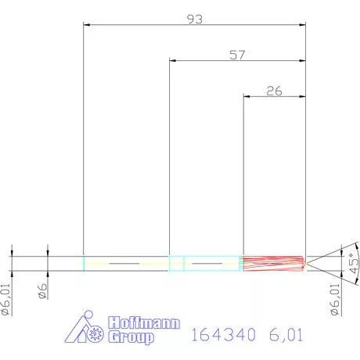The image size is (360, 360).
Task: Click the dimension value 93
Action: click(195, 19)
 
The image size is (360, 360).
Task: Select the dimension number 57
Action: click(237, 55)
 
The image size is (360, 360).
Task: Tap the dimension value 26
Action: click(274, 91)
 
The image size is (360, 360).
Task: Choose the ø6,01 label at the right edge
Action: click(334, 300)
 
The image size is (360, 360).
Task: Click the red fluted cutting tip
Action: click(272, 264)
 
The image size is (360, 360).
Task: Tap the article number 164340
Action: click(224, 335)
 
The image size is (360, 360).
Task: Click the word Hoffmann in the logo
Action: click(142, 322)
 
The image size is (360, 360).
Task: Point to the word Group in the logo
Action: click(130, 338)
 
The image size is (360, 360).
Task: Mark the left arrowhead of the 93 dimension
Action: click(86, 25)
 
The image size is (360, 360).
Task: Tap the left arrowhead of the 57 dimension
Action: click(173, 61)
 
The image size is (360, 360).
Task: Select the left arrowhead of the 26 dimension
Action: click(247, 97)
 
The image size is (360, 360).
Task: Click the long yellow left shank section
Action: click(126, 264)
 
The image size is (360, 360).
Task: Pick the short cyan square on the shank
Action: click(177, 264)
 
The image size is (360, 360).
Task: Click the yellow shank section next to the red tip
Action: click(211, 264)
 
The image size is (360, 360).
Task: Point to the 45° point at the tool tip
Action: click(307, 264)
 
